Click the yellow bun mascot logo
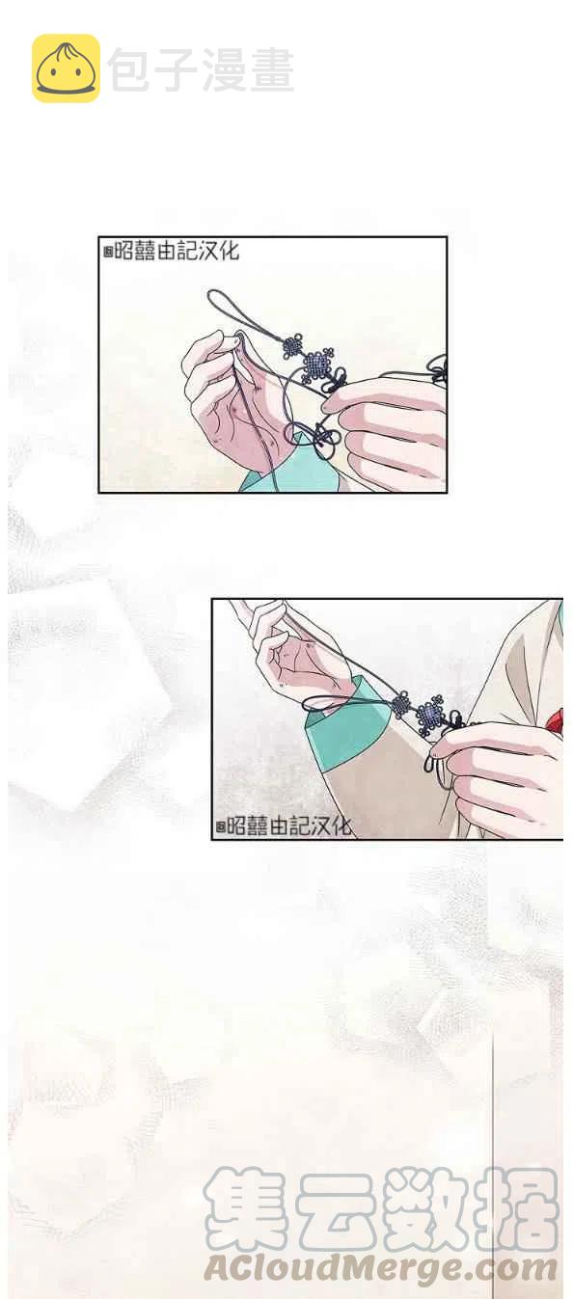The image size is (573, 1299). click(66, 68)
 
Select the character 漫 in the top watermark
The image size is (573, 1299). click(223, 69)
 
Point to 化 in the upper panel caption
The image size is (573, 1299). click(229, 251)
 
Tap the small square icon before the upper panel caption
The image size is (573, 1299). click(107, 253)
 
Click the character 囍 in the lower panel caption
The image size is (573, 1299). click(257, 825)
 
